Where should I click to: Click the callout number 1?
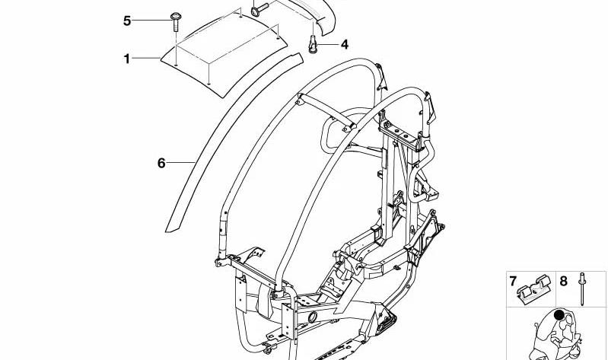click(x=127, y=59)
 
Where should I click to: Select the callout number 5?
click(x=127, y=21)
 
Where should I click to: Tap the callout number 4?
click(x=344, y=45)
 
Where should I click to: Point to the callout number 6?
click(x=161, y=163)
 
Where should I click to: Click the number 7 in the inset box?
click(x=514, y=281)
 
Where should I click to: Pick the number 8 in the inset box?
click(x=563, y=281)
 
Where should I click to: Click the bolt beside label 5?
click(x=175, y=22)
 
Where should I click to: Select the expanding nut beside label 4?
click(x=313, y=44)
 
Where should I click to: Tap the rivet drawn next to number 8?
click(x=582, y=288)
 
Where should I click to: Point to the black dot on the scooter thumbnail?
click(x=559, y=315)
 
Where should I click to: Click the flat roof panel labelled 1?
click(x=224, y=55)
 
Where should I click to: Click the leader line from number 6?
click(x=180, y=163)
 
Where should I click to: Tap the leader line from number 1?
click(x=147, y=59)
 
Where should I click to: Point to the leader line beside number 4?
click(x=328, y=45)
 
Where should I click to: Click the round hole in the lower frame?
click(x=313, y=317)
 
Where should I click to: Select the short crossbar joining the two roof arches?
click(x=326, y=112)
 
